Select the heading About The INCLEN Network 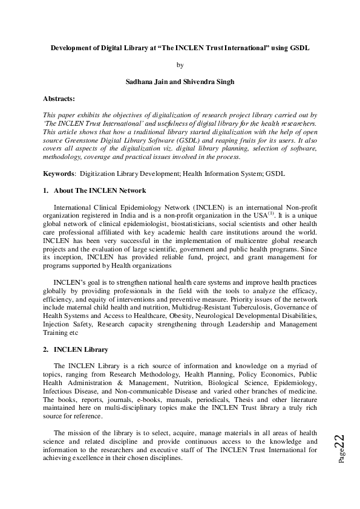click(100, 190)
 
